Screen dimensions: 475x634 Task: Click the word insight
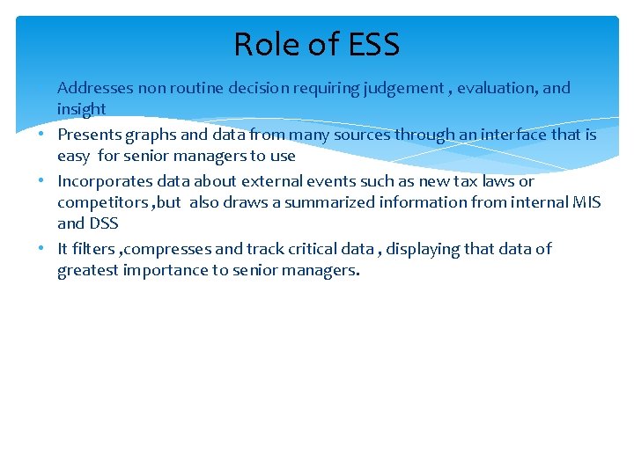point(81,109)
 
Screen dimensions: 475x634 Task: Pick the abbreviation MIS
point(586,202)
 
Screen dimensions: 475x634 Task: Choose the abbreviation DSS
point(103,223)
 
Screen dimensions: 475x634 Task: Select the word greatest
point(87,271)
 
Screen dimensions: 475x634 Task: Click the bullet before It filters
point(41,249)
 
